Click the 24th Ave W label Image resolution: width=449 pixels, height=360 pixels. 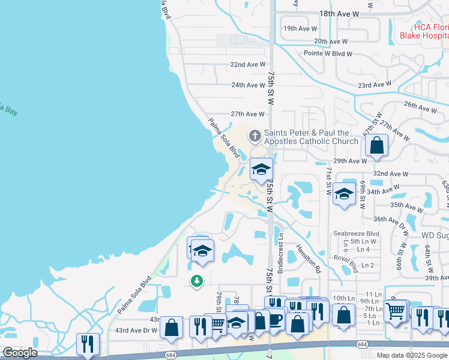tap(248, 85)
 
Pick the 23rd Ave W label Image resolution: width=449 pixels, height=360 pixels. tap(374, 86)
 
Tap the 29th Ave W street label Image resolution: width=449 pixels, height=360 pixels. tap(350, 161)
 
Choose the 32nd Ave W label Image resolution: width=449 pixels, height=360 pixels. tap(390, 173)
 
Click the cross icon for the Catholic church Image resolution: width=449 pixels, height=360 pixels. tap(255, 136)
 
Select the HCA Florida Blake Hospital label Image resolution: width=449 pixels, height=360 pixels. tap(424, 31)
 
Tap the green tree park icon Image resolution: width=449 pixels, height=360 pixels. tap(196, 281)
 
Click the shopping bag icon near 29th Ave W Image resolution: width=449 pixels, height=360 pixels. tap(376, 145)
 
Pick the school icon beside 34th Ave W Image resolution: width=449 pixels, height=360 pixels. tap(344, 194)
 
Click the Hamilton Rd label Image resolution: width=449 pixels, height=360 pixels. tap(307, 259)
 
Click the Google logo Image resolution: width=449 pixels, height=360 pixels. tap(20, 353)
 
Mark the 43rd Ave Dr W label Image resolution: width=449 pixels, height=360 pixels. tap(136, 331)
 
